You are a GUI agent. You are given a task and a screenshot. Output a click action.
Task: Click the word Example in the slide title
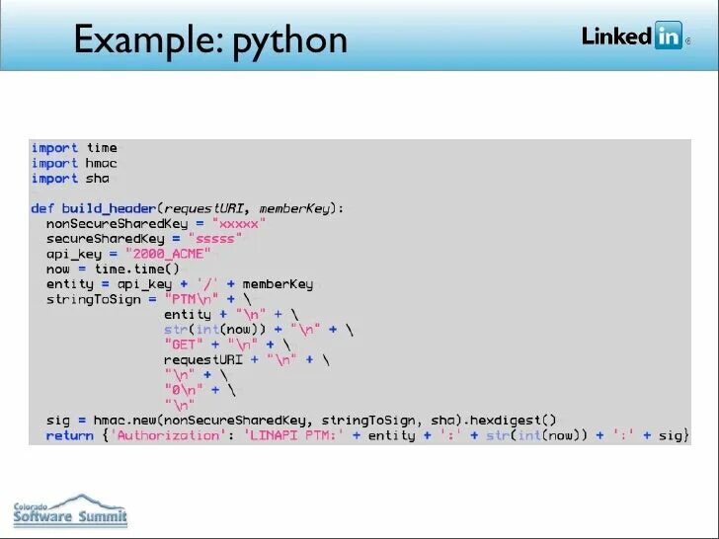point(138,39)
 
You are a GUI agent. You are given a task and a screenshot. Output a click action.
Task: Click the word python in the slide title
point(288,41)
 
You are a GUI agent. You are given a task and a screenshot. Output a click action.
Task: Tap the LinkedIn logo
point(632,37)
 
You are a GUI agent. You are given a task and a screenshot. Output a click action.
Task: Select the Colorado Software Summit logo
point(69,510)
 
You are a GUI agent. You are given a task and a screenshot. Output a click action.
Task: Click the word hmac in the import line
point(101,163)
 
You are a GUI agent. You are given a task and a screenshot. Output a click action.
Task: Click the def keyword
point(42,209)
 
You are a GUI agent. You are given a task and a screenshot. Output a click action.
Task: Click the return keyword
point(69,434)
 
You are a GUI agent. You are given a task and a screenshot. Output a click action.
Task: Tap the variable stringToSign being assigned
point(93,299)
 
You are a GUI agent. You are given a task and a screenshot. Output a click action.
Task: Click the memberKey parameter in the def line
point(298,209)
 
